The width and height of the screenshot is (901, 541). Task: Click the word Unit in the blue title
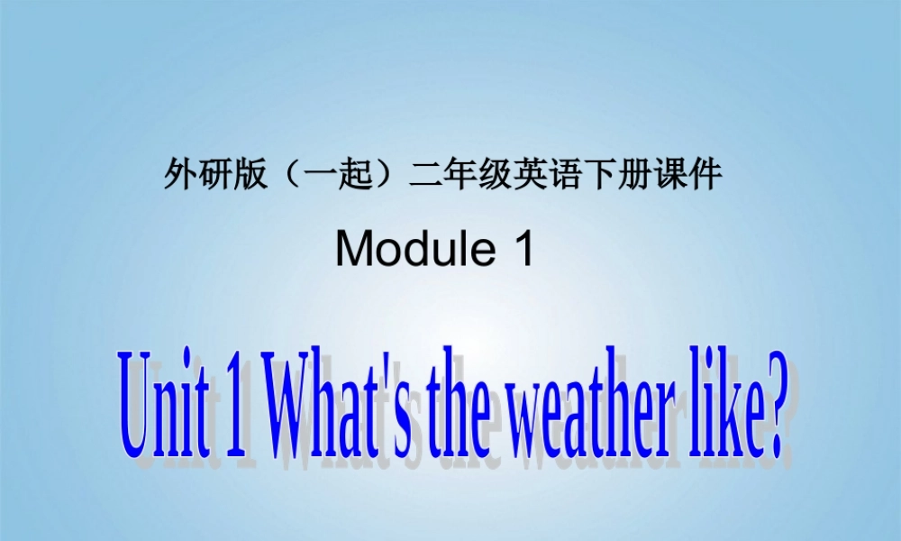pyautogui.click(x=160, y=401)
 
